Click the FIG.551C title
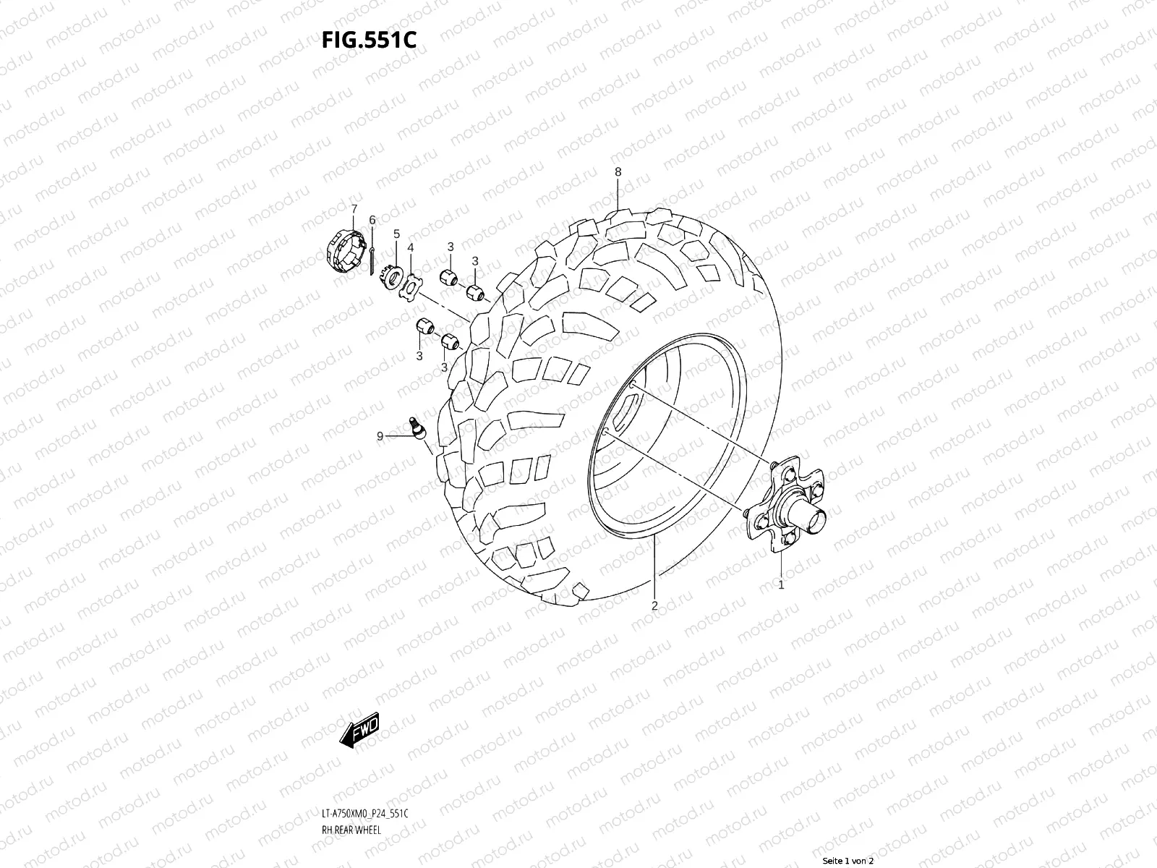369,41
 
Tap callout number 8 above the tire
618,172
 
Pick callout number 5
396,234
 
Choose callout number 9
380,436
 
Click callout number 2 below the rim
654,606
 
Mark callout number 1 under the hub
781,584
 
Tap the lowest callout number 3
444,367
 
